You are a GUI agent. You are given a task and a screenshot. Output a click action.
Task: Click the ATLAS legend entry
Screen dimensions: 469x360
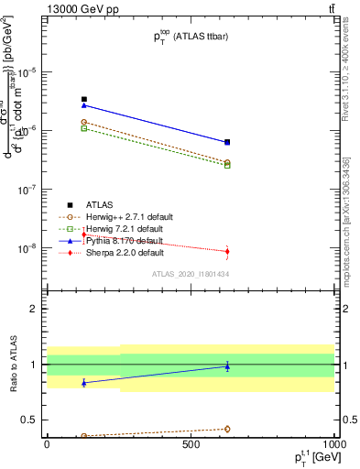click(99, 204)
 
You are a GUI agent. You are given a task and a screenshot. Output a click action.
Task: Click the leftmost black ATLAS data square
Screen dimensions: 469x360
click(84, 99)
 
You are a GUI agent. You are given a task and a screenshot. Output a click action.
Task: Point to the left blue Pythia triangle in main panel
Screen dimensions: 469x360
click(84, 105)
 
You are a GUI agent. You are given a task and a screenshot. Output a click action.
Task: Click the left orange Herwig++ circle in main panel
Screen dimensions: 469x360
click(84, 122)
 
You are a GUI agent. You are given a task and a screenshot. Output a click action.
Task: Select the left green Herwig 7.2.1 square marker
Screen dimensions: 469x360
click(84, 129)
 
